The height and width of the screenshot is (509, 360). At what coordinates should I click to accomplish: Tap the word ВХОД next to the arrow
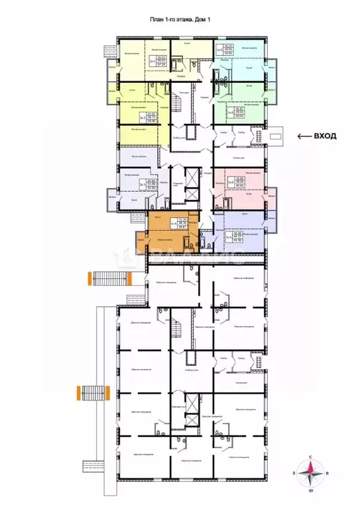tap(325, 137)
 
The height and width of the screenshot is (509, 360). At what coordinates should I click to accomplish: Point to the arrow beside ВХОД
tap(304, 137)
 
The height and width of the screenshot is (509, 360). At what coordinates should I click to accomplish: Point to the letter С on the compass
tap(312, 457)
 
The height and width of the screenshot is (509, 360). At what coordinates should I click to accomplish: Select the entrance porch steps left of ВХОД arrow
tap(275, 137)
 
